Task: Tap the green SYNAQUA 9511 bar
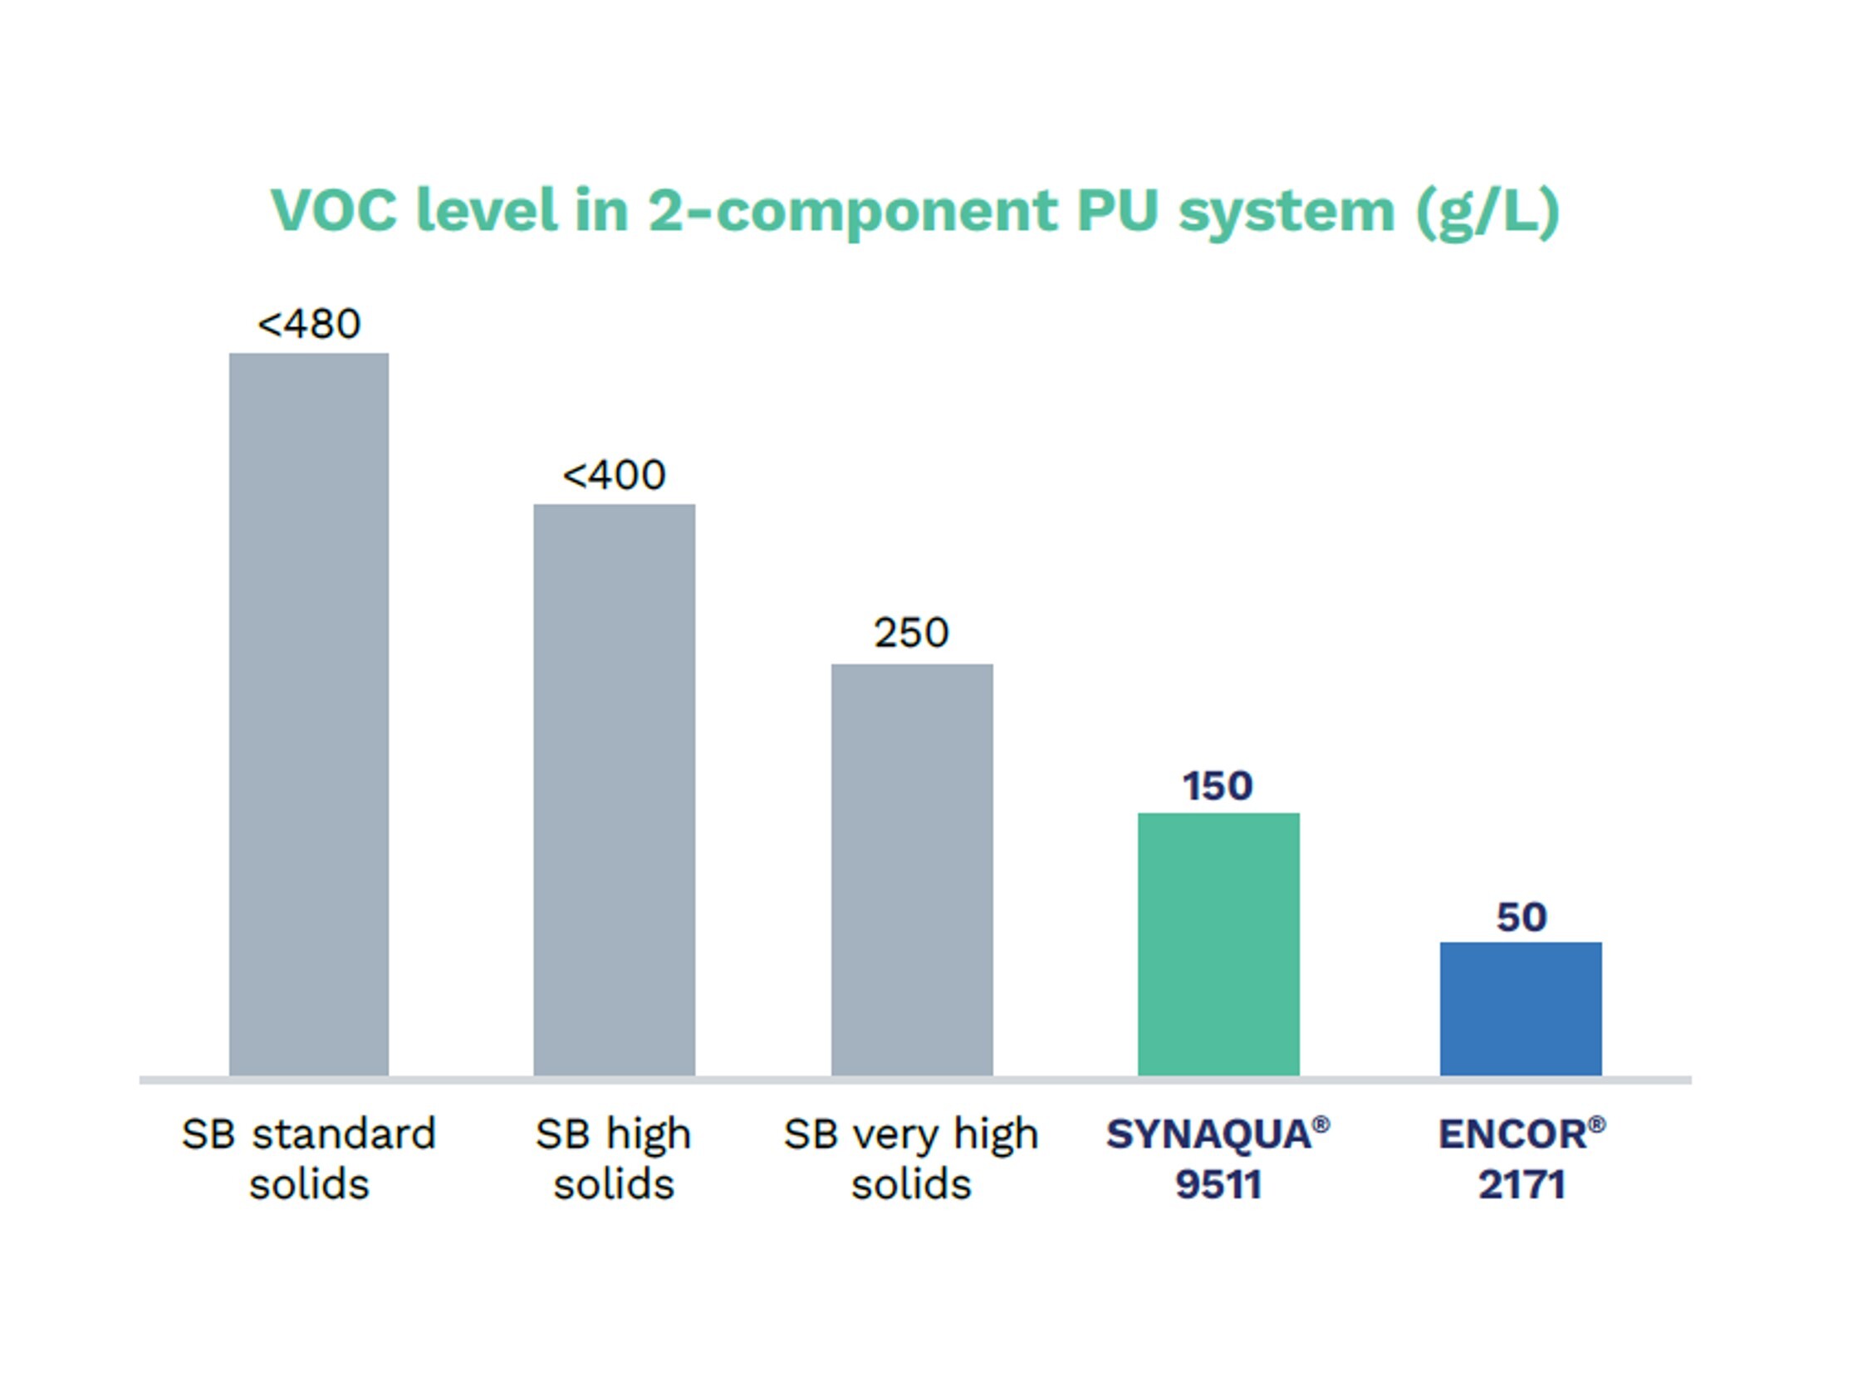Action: tap(1218, 943)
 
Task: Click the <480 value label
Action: tap(309, 324)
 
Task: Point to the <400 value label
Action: tap(614, 475)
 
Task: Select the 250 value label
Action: tap(912, 633)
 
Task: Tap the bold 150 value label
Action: tap(1218, 786)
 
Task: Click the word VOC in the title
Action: tap(333, 209)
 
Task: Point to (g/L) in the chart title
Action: tap(1488, 211)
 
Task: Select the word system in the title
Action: tap(1286, 211)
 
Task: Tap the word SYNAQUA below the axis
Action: tap(1208, 1134)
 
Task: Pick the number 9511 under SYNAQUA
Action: tap(1218, 1185)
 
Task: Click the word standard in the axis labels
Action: tap(345, 1134)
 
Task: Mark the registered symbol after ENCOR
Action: tap(1597, 1124)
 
